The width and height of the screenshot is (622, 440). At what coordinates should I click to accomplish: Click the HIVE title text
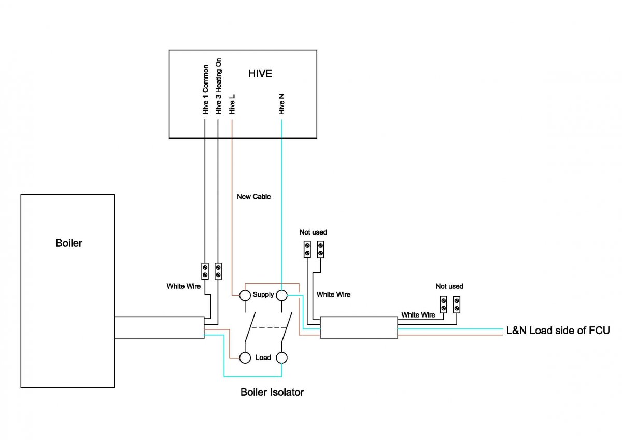[260, 73]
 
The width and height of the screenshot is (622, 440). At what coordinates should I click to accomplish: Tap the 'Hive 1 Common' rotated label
[205, 89]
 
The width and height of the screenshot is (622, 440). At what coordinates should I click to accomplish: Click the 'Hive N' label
[281, 103]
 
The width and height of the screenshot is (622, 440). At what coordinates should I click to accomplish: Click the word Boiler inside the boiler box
[69, 243]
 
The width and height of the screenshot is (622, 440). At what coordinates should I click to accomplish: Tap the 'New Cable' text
[253, 197]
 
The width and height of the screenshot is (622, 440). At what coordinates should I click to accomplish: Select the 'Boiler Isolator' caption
[272, 392]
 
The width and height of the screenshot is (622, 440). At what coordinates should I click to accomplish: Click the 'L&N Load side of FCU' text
[558, 331]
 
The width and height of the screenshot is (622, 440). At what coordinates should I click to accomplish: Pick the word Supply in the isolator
[263, 295]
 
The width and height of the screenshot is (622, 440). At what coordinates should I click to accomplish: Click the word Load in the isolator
[263, 357]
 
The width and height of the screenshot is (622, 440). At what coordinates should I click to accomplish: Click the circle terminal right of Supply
[281, 295]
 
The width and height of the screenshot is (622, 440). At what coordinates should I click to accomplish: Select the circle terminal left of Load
[245, 357]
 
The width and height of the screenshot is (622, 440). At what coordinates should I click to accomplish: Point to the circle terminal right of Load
[281, 357]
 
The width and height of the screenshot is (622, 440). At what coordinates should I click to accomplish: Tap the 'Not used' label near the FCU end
[449, 286]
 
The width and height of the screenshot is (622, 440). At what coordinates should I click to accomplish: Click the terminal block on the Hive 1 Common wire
[205, 270]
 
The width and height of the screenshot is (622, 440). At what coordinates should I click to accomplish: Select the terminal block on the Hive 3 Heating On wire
[218, 270]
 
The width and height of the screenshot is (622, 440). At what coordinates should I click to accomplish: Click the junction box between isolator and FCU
[359, 327]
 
